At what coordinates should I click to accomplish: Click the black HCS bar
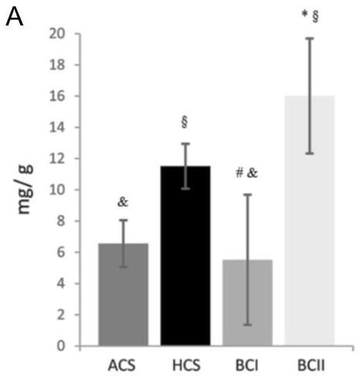tap(185, 255)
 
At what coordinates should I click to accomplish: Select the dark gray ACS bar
tap(124, 294)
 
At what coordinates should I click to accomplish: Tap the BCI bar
tap(247, 303)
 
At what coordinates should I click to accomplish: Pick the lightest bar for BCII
tap(310, 221)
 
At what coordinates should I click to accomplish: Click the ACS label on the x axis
tap(122, 365)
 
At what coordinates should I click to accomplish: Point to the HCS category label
tap(186, 365)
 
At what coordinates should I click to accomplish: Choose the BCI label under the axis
tap(247, 365)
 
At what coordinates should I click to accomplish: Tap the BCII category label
tap(311, 365)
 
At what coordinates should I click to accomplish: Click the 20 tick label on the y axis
tap(57, 34)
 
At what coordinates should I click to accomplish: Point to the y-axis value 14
tap(57, 127)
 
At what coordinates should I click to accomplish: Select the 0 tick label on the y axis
tap(61, 346)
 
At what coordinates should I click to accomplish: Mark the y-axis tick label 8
tap(61, 222)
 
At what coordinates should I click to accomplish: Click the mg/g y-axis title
tap(25, 189)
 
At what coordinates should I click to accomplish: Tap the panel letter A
tap(15, 18)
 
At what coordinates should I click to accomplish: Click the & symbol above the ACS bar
tap(123, 202)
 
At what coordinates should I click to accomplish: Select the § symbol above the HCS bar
tap(184, 122)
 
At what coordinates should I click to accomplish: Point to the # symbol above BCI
tap(239, 173)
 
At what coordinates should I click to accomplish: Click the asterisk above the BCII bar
tap(304, 14)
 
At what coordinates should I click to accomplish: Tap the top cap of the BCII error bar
tap(310, 38)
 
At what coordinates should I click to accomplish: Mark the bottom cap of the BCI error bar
tap(247, 325)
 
